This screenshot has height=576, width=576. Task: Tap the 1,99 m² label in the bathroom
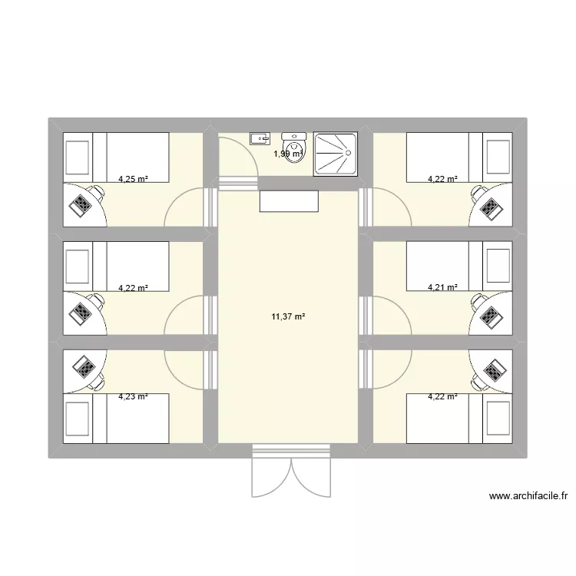pyautogui.click(x=289, y=154)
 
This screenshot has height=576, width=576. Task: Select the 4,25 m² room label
pyautogui.click(x=133, y=180)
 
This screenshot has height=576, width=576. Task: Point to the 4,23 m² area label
pyautogui.click(x=133, y=397)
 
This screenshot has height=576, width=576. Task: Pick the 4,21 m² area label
pyautogui.click(x=442, y=288)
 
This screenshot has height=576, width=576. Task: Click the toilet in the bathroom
pyautogui.click(x=294, y=144)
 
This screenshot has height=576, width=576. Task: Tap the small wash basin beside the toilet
pyautogui.click(x=260, y=139)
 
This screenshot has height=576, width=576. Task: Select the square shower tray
pyautogui.click(x=336, y=154)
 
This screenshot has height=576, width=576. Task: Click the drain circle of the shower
pyautogui.click(x=349, y=153)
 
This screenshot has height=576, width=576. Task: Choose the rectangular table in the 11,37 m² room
pyautogui.click(x=290, y=200)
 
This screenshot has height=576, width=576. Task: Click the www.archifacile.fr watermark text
pyautogui.click(x=528, y=497)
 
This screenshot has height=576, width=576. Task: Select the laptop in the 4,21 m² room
pyautogui.click(x=490, y=315)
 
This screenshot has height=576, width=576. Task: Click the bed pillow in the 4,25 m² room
pyautogui.click(x=78, y=157)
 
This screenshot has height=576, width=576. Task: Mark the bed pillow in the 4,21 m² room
pyautogui.click(x=496, y=266)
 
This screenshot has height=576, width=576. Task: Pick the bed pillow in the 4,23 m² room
pyautogui.click(x=78, y=419)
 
